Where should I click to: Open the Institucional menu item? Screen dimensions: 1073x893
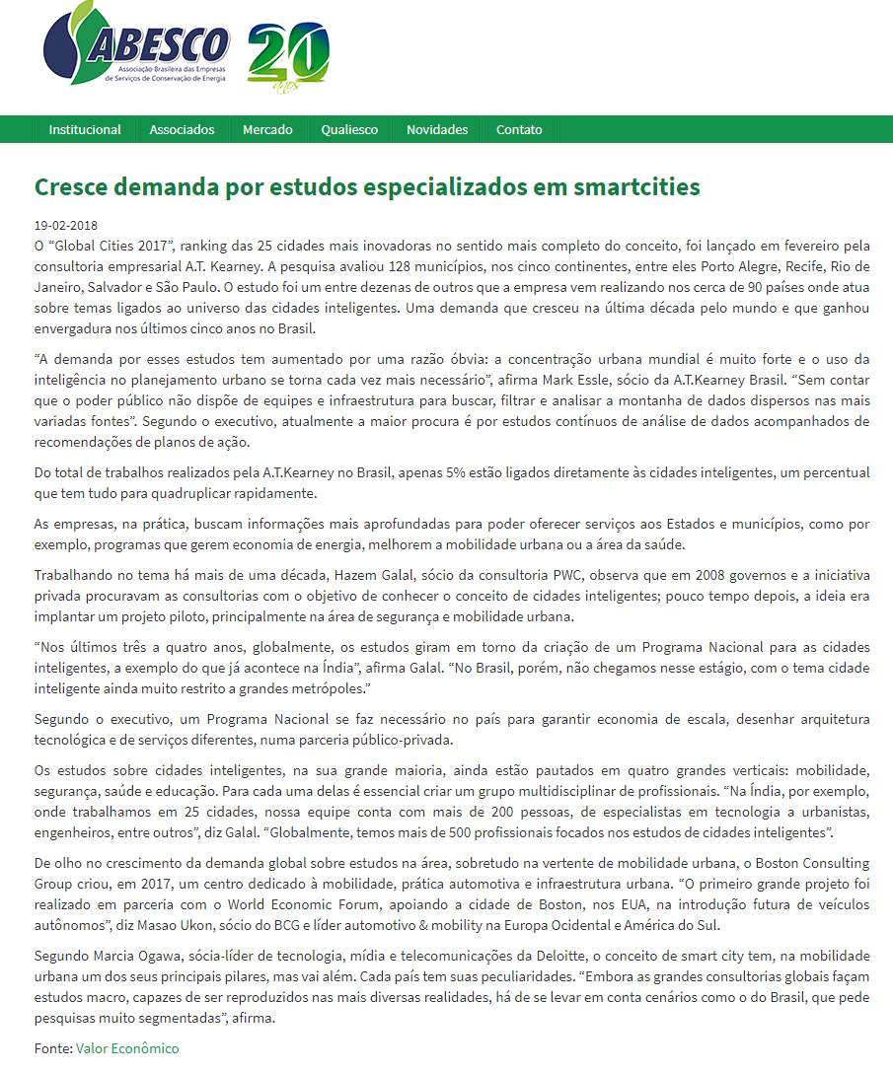click(x=85, y=129)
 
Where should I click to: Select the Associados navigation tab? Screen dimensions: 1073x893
click(x=182, y=129)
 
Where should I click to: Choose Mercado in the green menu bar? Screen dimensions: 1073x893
click(x=267, y=129)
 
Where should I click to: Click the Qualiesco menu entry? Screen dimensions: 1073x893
click(x=349, y=129)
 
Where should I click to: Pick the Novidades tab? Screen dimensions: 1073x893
click(x=437, y=129)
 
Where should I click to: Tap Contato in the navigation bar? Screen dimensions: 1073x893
click(x=519, y=129)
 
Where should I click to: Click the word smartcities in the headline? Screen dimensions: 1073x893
click(x=631, y=186)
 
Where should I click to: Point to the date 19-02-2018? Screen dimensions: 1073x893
click(x=66, y=225)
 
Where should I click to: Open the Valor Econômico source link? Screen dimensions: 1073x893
click(x=127, y=1048)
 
